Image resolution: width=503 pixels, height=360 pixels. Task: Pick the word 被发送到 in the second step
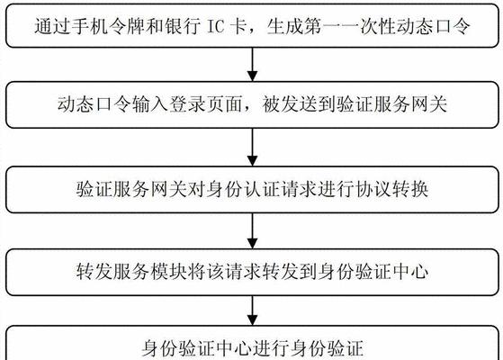[x=299, y=104]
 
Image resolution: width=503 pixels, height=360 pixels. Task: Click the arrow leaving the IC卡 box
[x=253, y=64]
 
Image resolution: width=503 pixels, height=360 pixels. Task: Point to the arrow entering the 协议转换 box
[x=253, y=147]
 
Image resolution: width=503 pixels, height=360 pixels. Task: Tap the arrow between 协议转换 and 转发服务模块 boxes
[x=253, y=230]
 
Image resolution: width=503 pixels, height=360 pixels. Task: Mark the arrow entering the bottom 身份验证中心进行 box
[x=253, y=310]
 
